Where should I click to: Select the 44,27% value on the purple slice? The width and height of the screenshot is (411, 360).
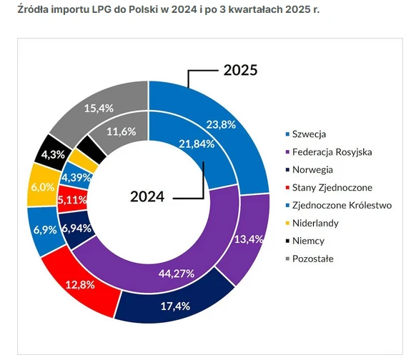(x=177, y=274)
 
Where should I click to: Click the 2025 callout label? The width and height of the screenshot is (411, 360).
(x=240, y=70)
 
